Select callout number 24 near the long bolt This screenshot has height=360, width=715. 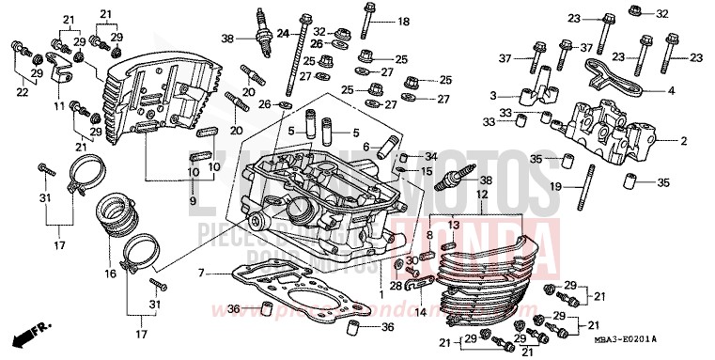[282, 34]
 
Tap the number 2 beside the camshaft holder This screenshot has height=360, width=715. [683, 141]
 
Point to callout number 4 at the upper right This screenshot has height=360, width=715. [671, 91]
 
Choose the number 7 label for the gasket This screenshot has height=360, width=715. [201, 273]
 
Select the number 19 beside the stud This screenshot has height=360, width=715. [556, 187]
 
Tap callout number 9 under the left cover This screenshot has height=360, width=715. [192, 202]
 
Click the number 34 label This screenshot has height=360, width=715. [431, 156]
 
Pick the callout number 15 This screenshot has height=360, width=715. [426, 172]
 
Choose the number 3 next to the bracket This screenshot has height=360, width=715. [491, 95]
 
